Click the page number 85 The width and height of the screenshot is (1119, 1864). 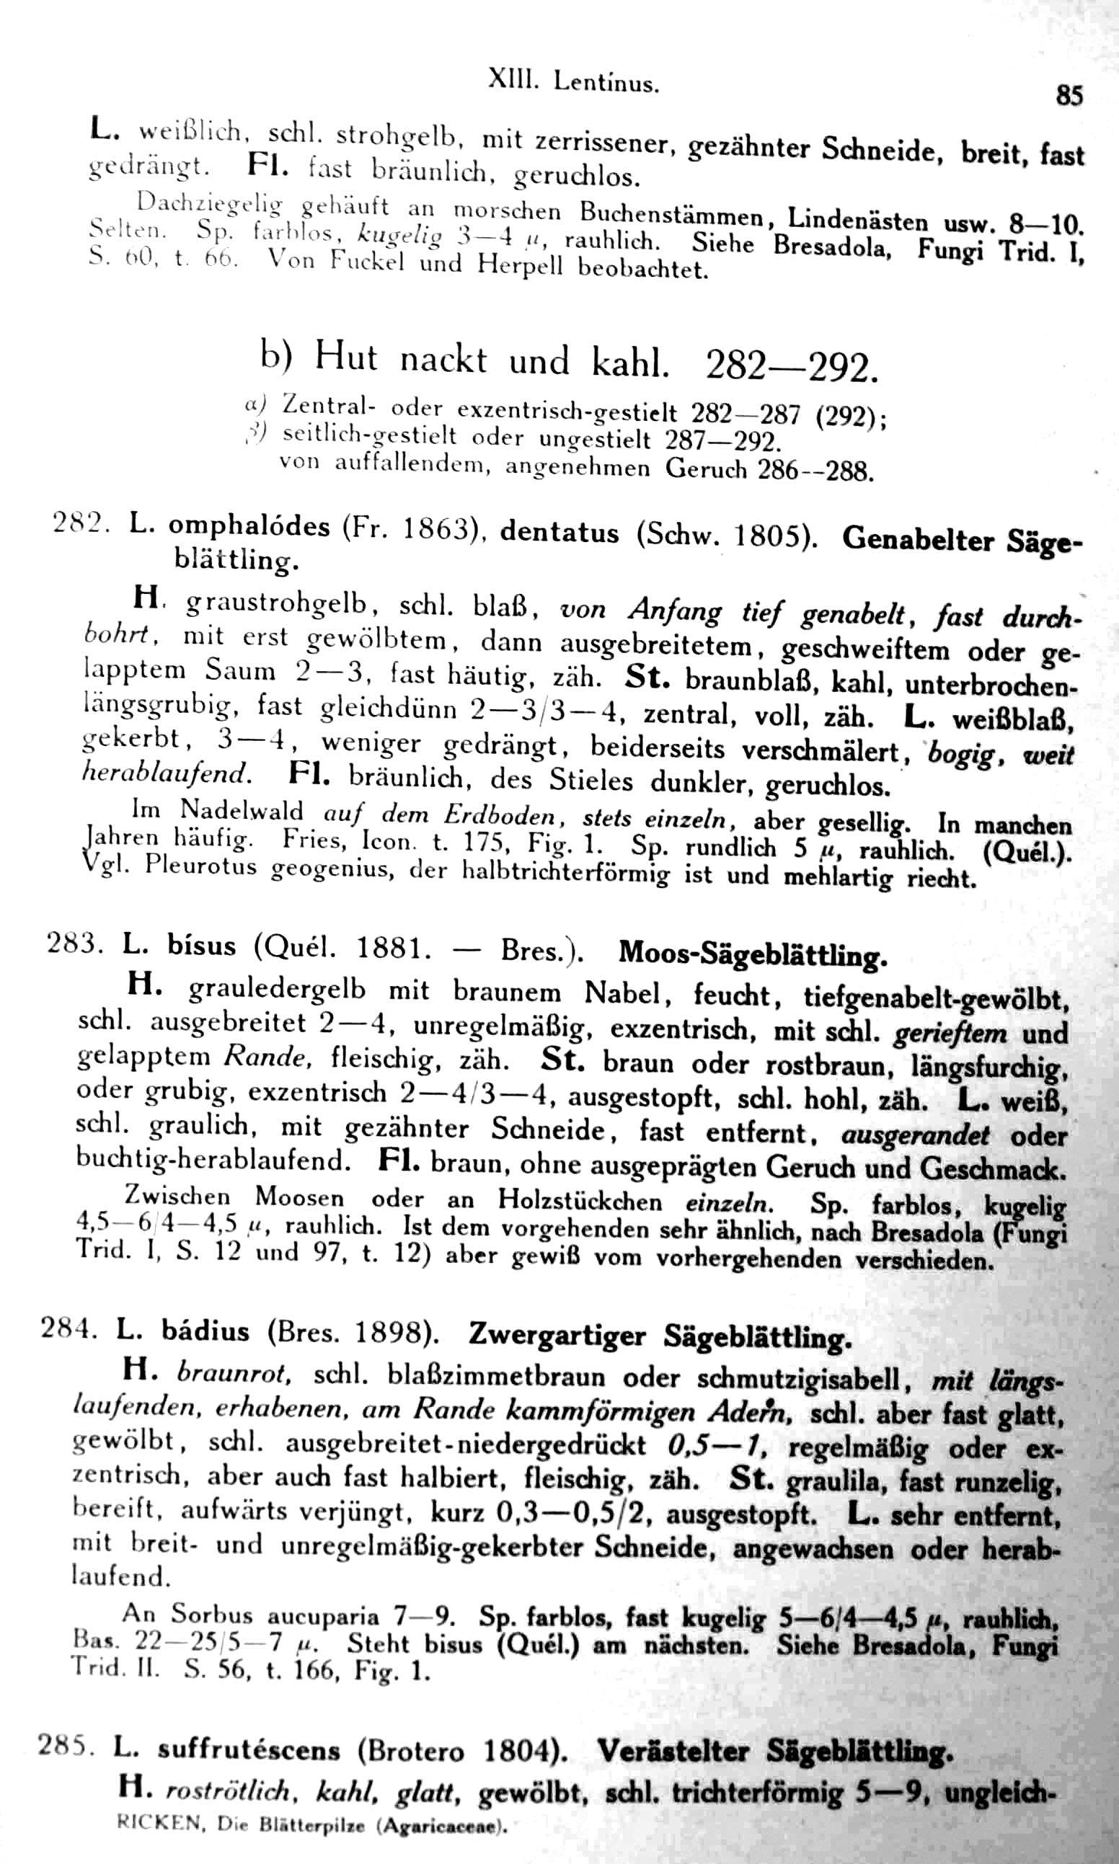[x=1069, y=97]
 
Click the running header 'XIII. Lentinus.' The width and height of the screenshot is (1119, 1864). [x=573, y=81]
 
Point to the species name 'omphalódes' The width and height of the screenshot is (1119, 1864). [x=249, y=526]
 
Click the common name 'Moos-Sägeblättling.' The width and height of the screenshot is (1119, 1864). [x=752, y=954]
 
